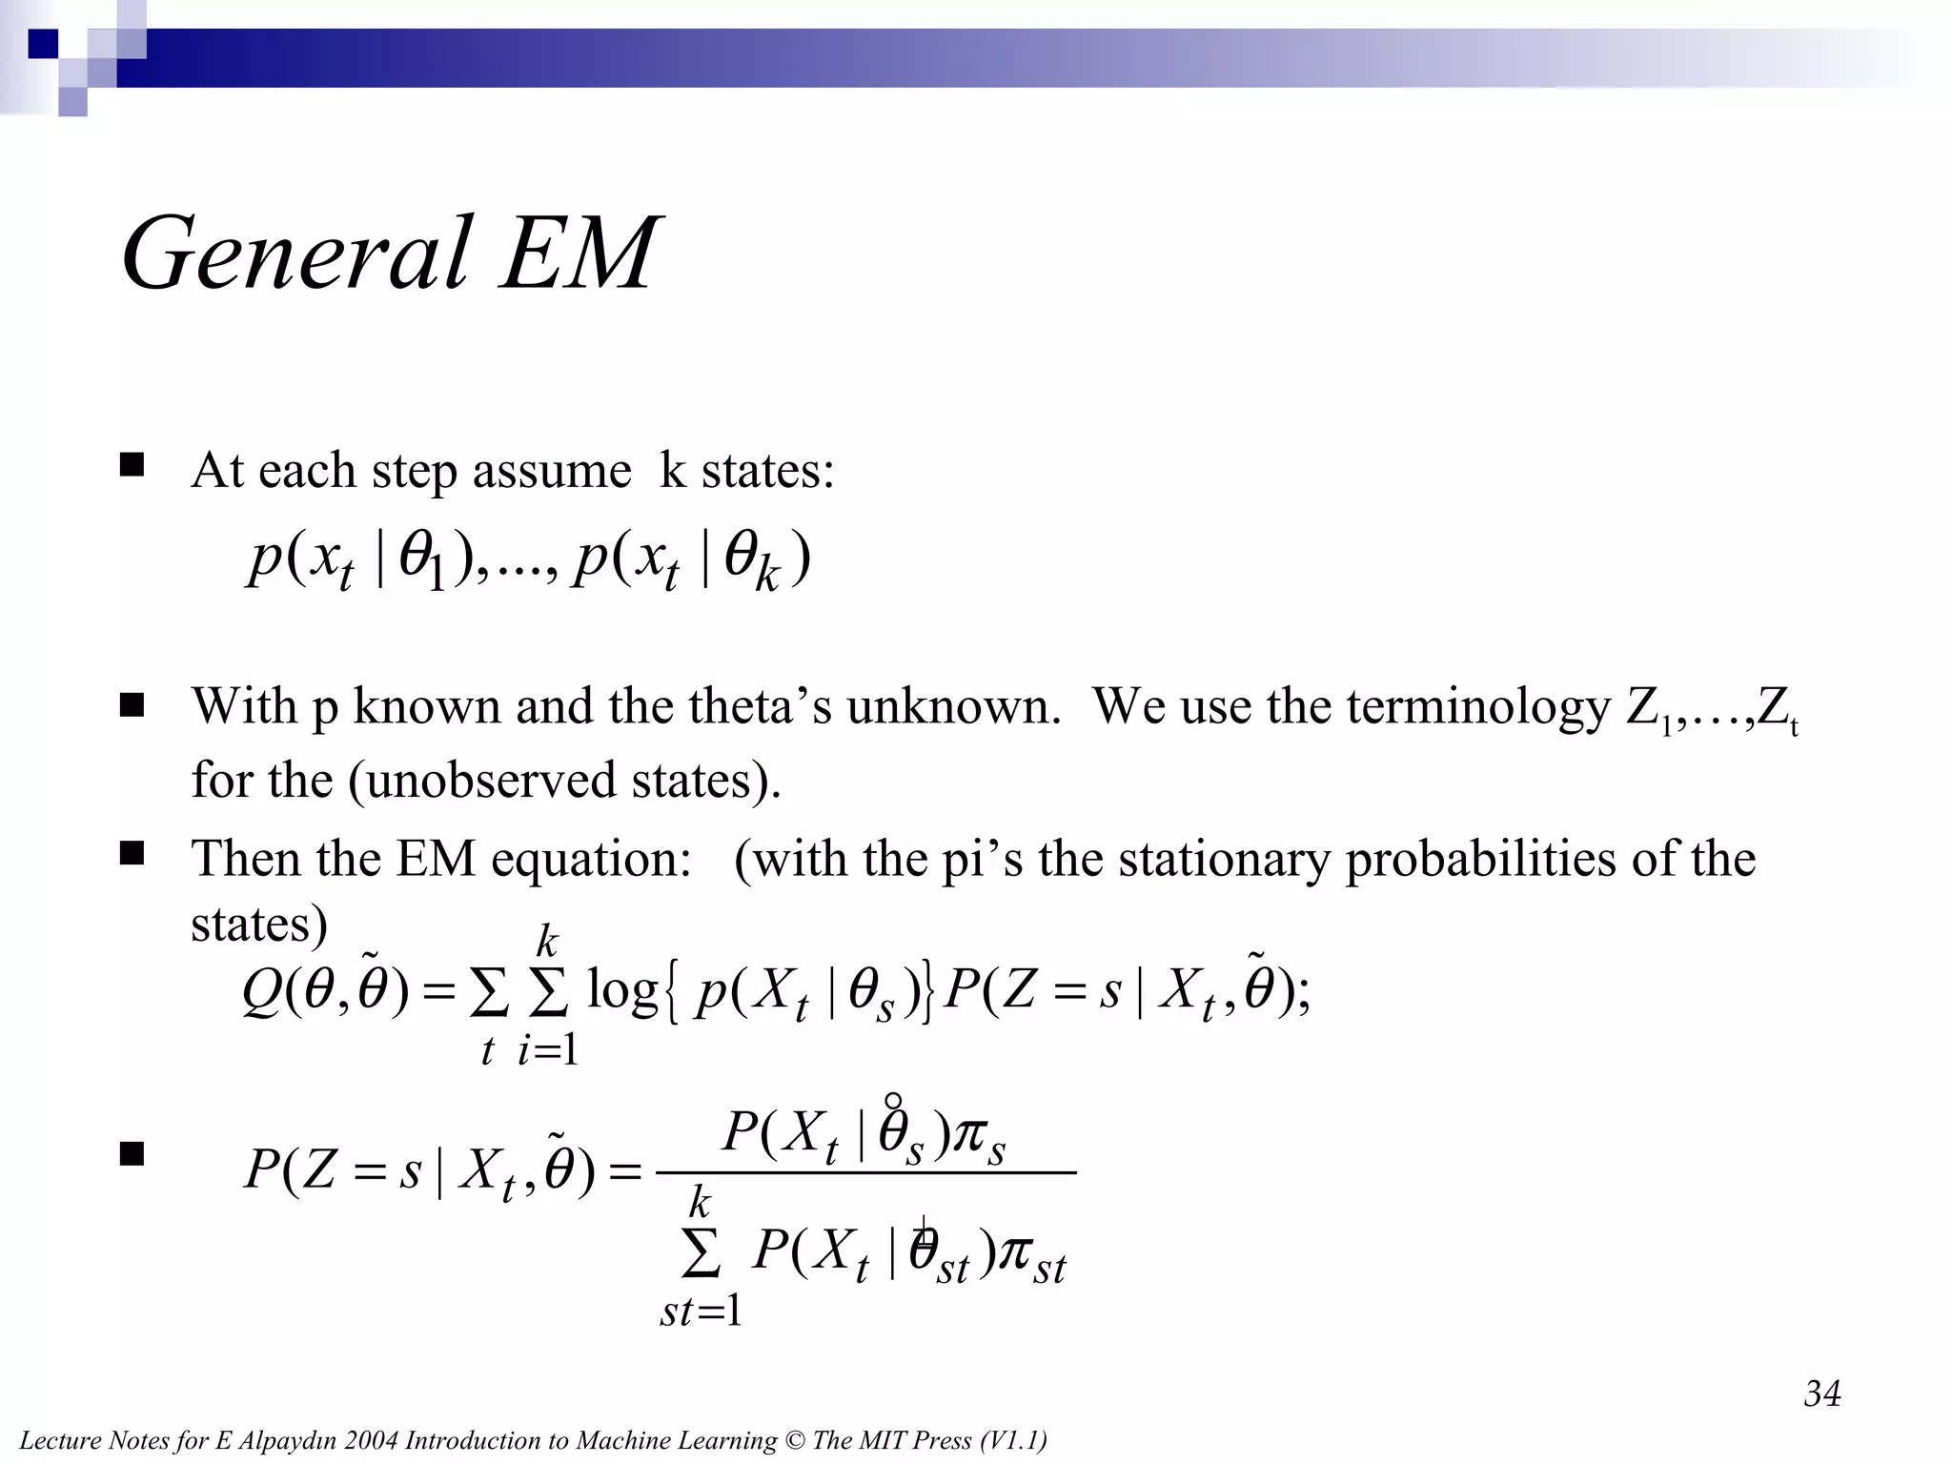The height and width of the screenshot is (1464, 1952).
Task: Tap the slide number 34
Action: pyautogui.click(x=1822, y=1393)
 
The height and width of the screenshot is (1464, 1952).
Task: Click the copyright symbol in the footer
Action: pyautogui.click(x=794, y=1440)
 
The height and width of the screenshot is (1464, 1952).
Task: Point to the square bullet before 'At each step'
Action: pyautogui.click(x=132, y=465)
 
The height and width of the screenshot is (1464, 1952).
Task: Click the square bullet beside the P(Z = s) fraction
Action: pyautogui.click(x=132, y=1154)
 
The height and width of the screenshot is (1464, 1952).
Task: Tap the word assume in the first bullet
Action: pyautogui.click(x=552, y=471)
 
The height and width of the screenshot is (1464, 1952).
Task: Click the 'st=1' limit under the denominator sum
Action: pyautogui.click(x=701, y=1312)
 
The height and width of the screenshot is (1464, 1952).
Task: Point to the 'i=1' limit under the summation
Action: pyautogui.click(x=547, y=1050)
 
